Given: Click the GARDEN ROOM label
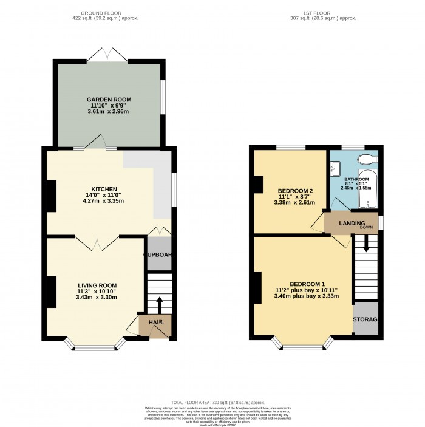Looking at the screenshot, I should (x=109, y=99).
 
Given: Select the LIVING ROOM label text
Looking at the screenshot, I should (x=97, y=285).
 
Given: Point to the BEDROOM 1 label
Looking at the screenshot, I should (x=307, y=284).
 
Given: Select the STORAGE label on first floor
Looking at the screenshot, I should (x=366, y=319).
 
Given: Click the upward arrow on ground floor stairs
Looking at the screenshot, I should (x=159, y=304).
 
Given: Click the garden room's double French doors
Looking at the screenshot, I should (x=107, y=55).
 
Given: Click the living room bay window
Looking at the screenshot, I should (x=95, y=347).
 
